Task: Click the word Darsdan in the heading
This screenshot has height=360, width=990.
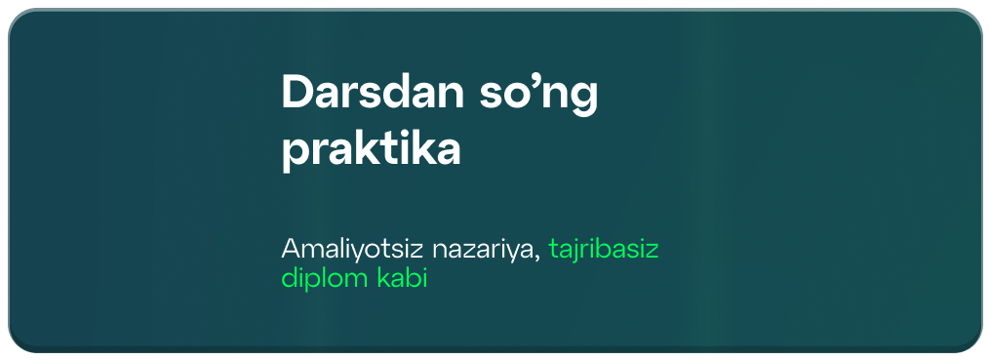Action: click(x=373, y=93)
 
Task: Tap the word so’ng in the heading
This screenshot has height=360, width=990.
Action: click(x=538, y=96)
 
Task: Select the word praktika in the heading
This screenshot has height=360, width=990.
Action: click(x=372, y=149)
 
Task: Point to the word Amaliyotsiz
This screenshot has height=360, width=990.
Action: click(x=352, y=249)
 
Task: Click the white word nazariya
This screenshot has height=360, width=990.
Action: click(x=483, y=250)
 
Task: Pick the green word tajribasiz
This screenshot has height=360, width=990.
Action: click(x=604, y=250)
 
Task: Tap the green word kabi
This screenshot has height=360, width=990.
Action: click(x=402, y=278)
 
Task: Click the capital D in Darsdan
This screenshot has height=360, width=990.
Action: click(x=298, y=93)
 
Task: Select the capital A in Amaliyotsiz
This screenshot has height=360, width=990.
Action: click(x=292, y=249)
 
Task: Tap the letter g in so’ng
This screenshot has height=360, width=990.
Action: click(x=584, y=100)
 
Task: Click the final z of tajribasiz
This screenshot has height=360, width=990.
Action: click(x=652, y=252)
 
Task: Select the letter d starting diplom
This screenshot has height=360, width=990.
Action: click(x=290, y=278)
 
